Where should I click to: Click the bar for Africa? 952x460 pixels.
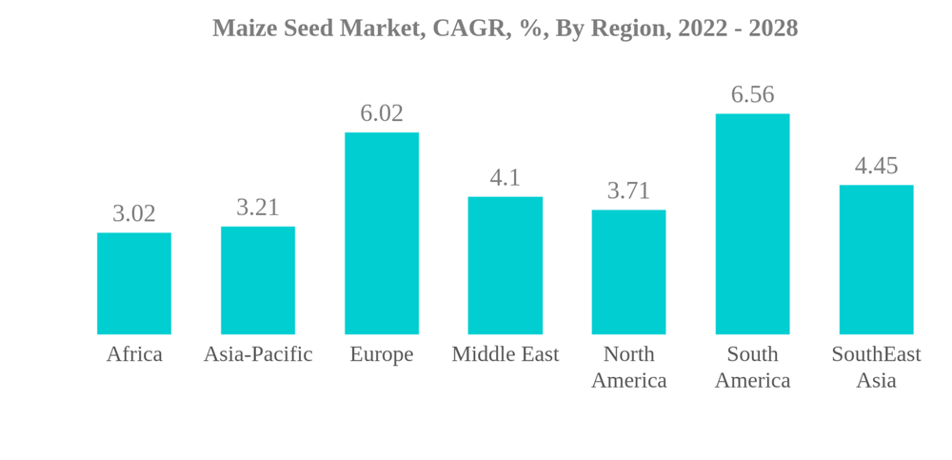coord(134,284)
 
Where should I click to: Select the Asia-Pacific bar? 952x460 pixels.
coord(258,280)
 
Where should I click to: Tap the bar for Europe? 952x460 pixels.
coord(382,233)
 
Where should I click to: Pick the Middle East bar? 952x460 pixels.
coord(505,266)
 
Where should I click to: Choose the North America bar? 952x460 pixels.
coord(628,272)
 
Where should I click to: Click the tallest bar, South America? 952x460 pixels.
coord(752,224)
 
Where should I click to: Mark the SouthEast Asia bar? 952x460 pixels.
coord(876,260)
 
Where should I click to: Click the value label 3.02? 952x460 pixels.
coord(134,213)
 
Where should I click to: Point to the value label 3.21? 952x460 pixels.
coord(258,208)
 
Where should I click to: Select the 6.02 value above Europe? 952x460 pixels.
coord(382,113)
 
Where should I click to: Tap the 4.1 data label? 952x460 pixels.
coord(505,178)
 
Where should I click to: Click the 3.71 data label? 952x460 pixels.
coord(628,190)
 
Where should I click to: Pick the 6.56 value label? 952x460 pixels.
coord(752,94)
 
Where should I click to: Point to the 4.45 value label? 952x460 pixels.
coord(876,166)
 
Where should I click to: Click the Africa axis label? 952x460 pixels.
coord(134,354)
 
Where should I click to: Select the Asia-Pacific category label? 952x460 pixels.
coord(258,354)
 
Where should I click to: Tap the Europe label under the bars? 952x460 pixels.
coord(382,354)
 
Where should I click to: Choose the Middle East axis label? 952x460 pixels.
coord(505,354)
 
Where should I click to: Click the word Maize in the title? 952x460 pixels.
coord(242,29)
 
